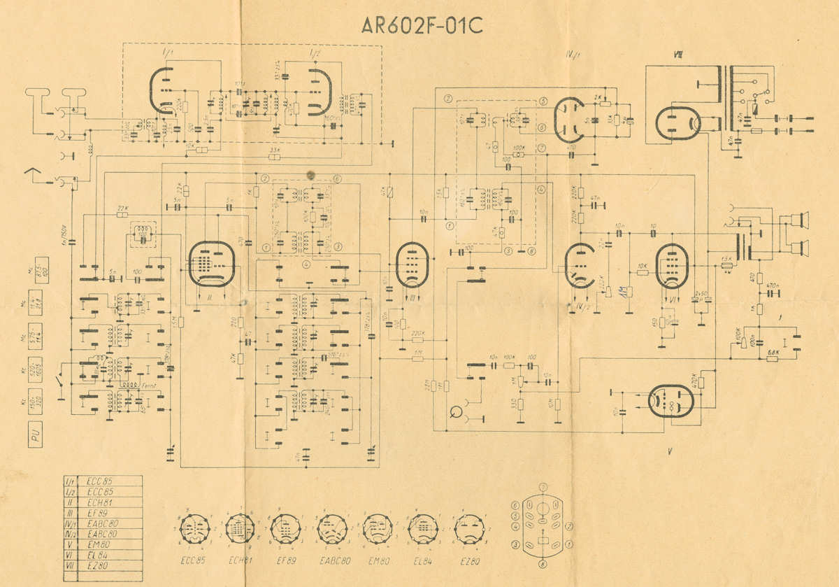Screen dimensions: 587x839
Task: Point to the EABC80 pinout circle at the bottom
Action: pos(331,528)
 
